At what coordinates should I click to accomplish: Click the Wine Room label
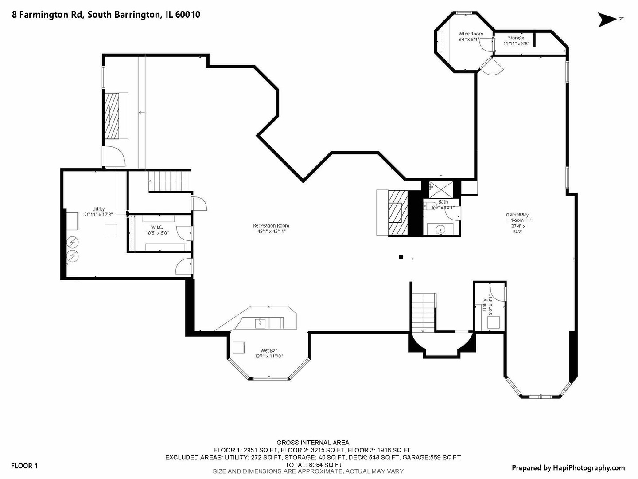point(471,34)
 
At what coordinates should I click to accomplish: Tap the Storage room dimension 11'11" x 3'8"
point(516,43)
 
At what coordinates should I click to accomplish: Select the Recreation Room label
point(271,226)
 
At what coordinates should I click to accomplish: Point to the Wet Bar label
point(269,351)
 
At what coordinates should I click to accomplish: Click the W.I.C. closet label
point(157,227)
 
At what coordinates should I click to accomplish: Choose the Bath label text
point(443,202)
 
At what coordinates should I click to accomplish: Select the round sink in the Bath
point(440,230)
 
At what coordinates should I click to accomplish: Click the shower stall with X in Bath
point(441,189)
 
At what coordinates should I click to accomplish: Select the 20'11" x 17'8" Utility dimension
point(99,214)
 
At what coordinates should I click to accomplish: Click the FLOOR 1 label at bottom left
point(24,466)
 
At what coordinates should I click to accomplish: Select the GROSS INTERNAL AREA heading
point(313,442)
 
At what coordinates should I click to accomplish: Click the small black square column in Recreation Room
point(401,256)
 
